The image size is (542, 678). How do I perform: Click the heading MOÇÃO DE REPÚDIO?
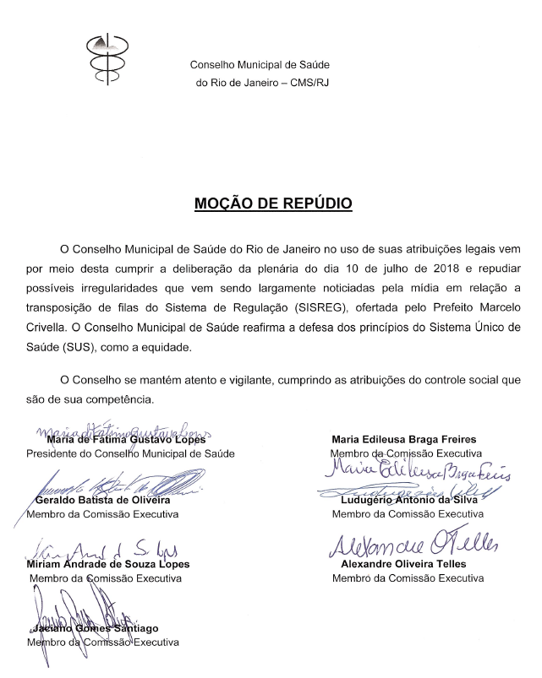click(x=273, y=203)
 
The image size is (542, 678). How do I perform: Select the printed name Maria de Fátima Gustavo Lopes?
click(x=127, y=439)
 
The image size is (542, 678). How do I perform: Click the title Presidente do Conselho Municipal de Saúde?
click(x=132, y=453)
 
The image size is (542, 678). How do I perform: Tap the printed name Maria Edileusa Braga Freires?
click(x=404, y=439)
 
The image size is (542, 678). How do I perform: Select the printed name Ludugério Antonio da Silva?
click(x=407, y=500)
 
